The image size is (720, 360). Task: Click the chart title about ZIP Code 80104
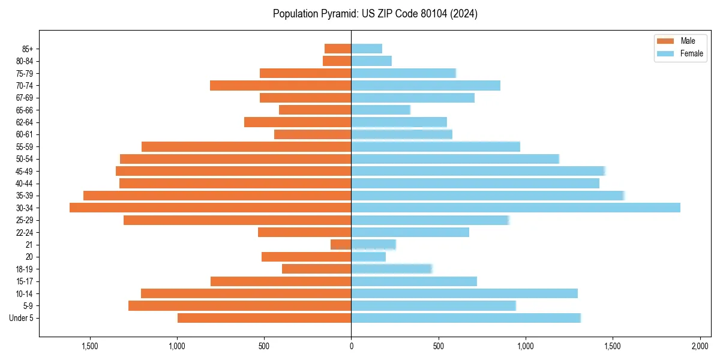(x=375, y=14)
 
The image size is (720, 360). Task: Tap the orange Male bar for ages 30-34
(x=210, y=208)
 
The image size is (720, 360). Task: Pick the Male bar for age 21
(x=341, y=245)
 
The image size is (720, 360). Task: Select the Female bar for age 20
(x=368, y=257)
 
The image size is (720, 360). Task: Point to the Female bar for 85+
(x=367, y=49)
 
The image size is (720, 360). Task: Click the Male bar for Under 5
(x=264, y=318)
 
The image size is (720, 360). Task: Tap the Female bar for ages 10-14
(x=464, y=293)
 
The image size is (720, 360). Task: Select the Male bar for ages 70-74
(x=280, y=85)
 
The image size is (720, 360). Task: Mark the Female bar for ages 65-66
(x=380, y=110)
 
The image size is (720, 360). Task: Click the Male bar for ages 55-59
(x=246, y=146)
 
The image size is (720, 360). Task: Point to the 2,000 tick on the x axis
(x=700, y=346)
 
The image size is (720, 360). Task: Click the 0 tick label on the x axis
(x=351, y=346)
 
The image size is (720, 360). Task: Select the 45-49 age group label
(x=24, y=171)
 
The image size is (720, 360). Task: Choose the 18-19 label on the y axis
(x=24, y=269)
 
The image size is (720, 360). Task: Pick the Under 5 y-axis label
(x=22, y=318)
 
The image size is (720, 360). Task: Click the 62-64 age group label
(x=24, y=122)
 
